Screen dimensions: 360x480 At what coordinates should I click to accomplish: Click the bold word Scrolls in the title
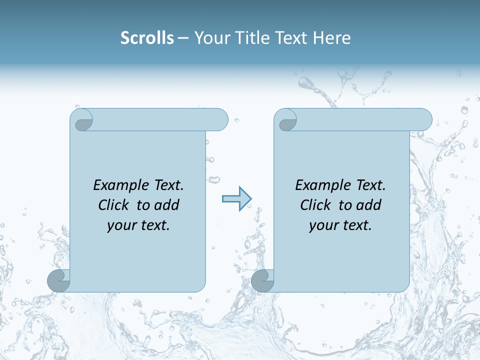coord(147,38)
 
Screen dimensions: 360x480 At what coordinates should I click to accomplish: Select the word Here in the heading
coord(331,38)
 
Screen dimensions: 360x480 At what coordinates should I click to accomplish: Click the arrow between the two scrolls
coord(236,199)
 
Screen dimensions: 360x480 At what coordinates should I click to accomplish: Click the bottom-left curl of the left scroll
coord(58,281)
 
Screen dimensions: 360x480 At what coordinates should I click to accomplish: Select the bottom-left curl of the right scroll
coord(262,281)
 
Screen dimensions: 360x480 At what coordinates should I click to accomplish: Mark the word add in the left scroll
coord(167,205)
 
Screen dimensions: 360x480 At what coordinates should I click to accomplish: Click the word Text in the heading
coord(291,38)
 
